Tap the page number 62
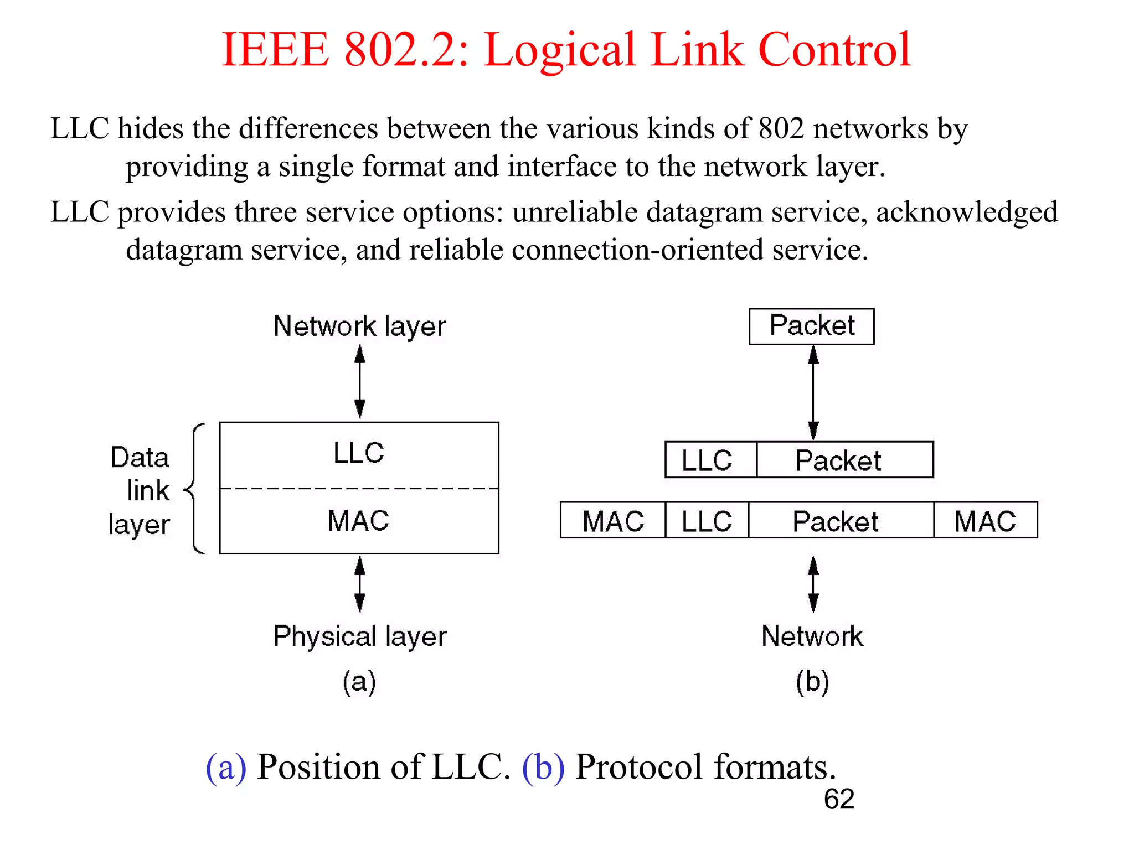pos(838,799)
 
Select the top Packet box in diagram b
pos(811,326)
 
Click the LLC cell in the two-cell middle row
pos(710,460)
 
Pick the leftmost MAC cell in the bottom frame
pos(612,521)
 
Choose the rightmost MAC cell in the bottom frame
pos(985,521)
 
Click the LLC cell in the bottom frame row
pos(707,521)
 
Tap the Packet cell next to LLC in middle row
pos(844,460)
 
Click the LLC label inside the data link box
pos(359,453)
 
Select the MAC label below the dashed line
pos(359,521)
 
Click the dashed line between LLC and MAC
pos(359,489)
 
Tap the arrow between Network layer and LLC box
pos(360,382)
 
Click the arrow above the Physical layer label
pos(360,584)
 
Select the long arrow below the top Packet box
pos(813,393)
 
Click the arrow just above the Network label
pos(813,584)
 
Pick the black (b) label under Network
pos(812,681)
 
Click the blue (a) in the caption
pos(226,767)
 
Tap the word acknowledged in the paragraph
pos(966,212)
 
